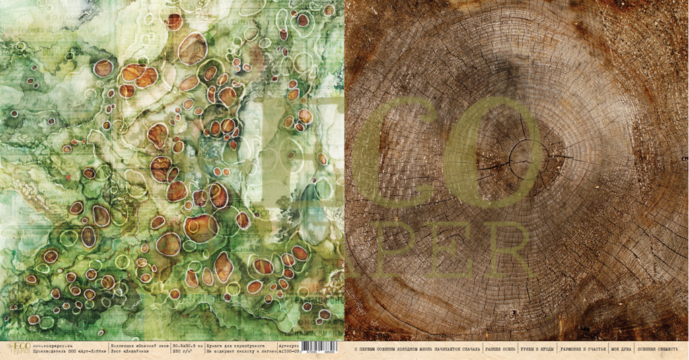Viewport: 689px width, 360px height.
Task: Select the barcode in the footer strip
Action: click(322, 351)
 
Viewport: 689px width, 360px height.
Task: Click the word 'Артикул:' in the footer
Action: click(287, 347)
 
